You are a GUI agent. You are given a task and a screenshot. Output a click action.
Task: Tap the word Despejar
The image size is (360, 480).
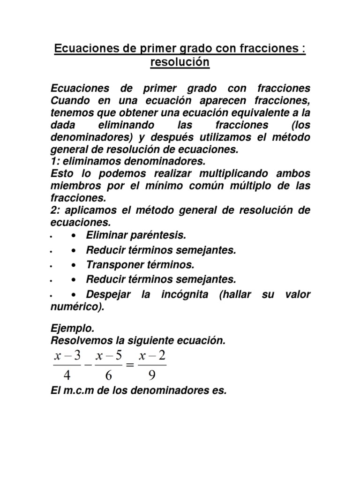[108, 295]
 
